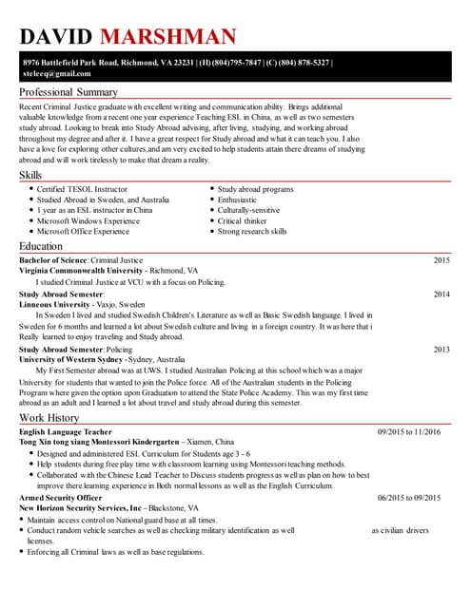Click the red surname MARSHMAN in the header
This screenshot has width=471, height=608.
(x=167, y=37)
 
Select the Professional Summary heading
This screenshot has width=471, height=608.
(x=69, y=92)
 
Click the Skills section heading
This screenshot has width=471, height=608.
(x=30, y=176)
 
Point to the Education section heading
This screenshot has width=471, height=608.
(x=41, y=246)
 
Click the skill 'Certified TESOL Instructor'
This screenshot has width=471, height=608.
(x=82, y=189)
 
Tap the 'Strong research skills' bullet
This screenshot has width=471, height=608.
(x=252, y=231)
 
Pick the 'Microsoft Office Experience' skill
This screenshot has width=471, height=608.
(x=83, y=231)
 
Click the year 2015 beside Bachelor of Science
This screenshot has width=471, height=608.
(x=442, y=259)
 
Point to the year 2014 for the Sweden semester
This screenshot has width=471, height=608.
(x=442, y=294)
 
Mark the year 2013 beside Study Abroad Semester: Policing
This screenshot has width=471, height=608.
(x=442, y=350)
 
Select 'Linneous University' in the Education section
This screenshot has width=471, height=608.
(x=57, y=304)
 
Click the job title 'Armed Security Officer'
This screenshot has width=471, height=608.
(x=60, y=498)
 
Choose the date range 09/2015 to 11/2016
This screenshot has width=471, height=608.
(x=409, y=432)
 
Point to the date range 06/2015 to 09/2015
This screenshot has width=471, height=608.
(x=409, y=498)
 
